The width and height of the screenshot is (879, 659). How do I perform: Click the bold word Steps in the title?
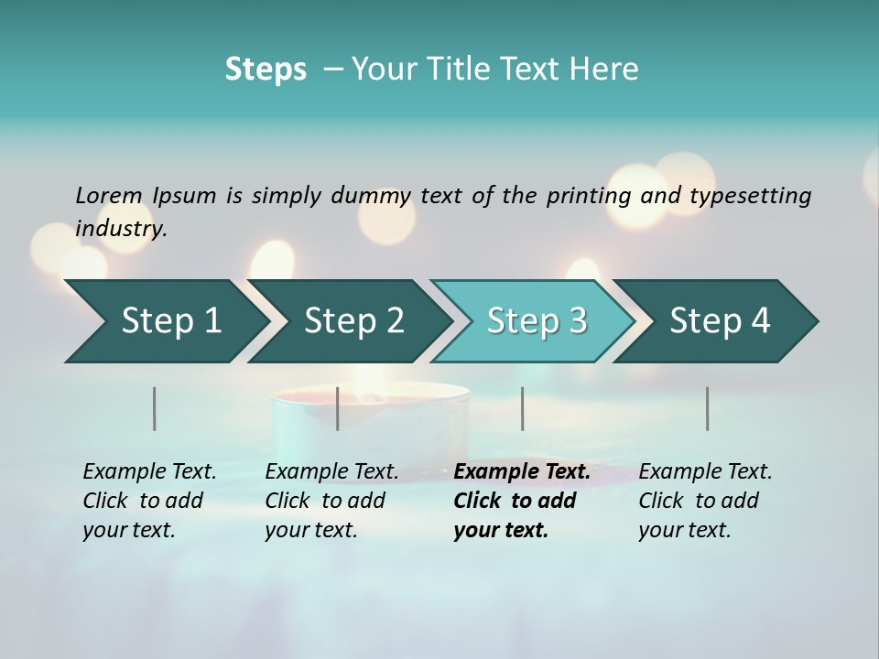point(266,69)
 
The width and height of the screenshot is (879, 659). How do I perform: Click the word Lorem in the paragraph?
point(109,195)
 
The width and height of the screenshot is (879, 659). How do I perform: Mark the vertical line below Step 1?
point(155,408)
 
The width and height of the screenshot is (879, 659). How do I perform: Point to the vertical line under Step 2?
point(338,408)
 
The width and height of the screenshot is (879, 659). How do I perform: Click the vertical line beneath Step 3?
point(523,408)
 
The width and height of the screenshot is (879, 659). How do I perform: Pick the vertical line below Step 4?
point(708,408)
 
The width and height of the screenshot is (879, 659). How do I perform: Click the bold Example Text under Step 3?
point(522,472)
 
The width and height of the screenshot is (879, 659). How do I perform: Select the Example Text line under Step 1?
point(149,472)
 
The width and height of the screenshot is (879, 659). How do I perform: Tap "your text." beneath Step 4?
point(684,530)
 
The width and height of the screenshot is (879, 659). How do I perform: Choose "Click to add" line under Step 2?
point(325,501)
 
